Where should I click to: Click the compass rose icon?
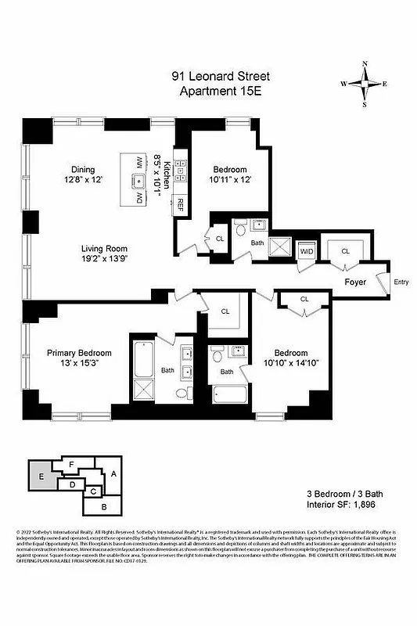pos(365,82)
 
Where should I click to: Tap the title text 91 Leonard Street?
pos(221,76)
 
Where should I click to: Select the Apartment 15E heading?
pos(221,91)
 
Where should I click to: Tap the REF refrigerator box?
pos(180,205)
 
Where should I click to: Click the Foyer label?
pos(357,282)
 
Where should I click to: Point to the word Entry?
pos(401,282)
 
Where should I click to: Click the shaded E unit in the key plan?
pos(41,476)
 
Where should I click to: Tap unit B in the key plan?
pos(106,506)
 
